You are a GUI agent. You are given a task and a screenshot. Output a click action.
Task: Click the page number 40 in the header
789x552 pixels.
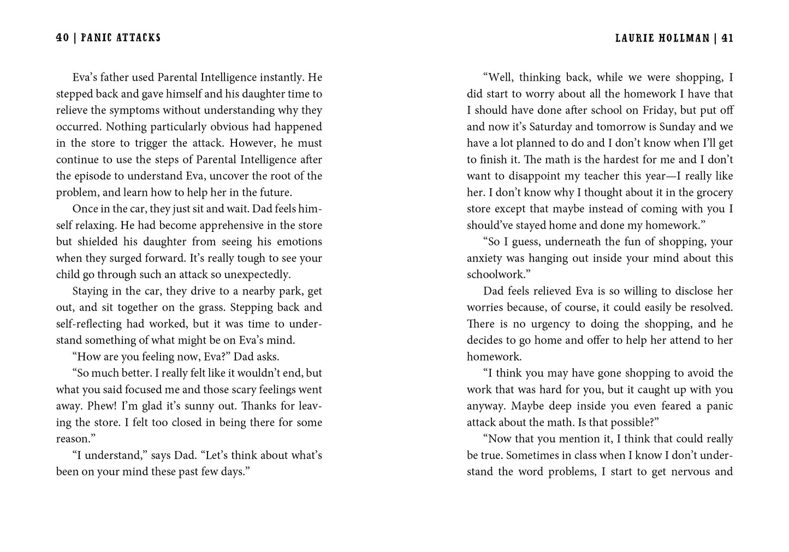coord(62,38)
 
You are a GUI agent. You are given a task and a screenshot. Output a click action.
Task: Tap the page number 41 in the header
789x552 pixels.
coord(727,38)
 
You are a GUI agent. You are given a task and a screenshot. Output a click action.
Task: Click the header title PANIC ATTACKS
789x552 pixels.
coord(121,38)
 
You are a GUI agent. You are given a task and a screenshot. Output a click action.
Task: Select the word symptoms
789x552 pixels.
coord(134,110)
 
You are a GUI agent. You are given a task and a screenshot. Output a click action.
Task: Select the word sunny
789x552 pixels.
coord(201,406)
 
